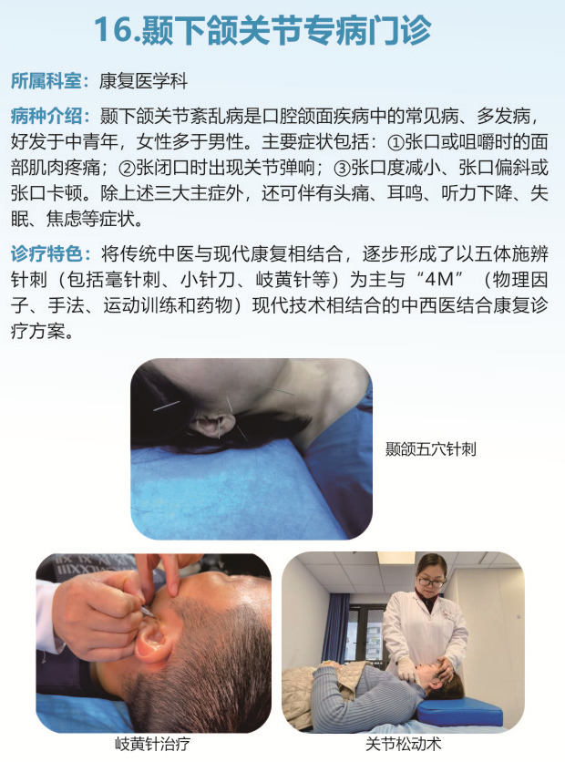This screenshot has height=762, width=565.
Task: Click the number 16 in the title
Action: tap(113, 30)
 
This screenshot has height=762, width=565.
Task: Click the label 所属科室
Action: tap(46, 81)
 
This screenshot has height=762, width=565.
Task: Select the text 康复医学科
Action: tap(143, 81)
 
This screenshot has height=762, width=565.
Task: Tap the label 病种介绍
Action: tap(46, 116)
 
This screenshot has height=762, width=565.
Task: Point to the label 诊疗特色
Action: tap(46, 253)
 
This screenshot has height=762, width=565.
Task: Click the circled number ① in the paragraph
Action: tap(395, 142)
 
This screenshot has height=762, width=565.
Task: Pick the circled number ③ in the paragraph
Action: tap(343, 168)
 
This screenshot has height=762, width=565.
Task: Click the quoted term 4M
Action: tap(439, 280)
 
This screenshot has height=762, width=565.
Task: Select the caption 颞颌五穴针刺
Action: tap(430, 449)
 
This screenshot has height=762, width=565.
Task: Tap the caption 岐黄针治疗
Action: tap(152, 744)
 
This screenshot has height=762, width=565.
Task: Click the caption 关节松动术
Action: tap(403, 744)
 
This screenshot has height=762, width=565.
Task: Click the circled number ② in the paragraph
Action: tap(127, 168)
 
